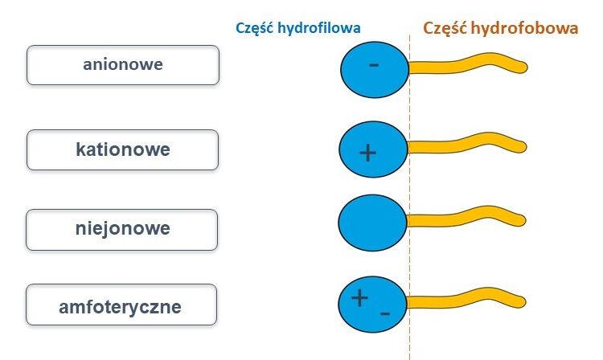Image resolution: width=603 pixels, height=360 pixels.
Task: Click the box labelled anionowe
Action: click(x=122, y=64)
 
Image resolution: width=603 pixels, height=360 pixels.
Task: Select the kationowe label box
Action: click(x=122, y=149)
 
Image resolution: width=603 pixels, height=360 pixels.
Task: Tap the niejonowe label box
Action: click(x=122, y=228)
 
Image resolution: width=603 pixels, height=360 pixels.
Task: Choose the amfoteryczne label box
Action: click(x=121, y=306)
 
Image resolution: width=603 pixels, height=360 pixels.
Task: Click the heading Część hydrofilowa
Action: click(x=297, y=28)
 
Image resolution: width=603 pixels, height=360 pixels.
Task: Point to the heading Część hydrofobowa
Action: click(x=500, y=28)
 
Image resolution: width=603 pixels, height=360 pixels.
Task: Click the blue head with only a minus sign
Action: click(x=373, y=70)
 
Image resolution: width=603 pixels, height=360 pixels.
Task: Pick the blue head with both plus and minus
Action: click(x=373, y=302)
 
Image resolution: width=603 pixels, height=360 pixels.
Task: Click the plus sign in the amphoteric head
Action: click(x=359, y=298)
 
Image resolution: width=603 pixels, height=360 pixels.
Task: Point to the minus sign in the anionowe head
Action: click(x=373, y=65)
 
